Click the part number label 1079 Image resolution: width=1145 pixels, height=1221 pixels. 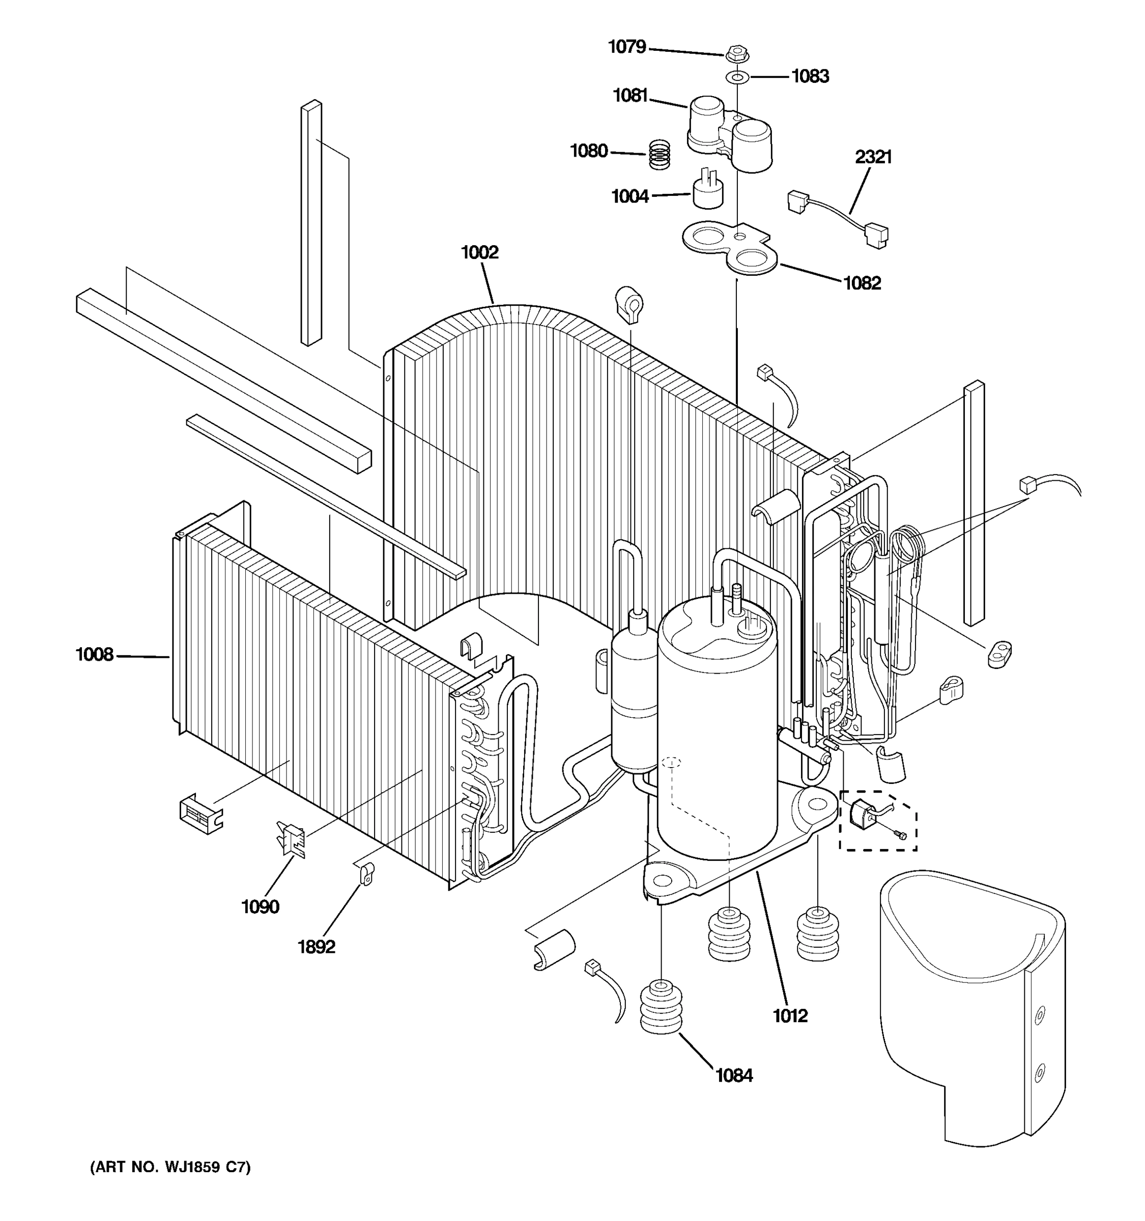click(x=626, y=47)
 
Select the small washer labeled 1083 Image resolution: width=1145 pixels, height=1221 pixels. click(x=736, y=77)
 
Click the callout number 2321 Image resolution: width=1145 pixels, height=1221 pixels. click(x=873, y=157)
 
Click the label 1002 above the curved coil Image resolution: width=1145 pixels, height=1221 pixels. click(x=480, y=252)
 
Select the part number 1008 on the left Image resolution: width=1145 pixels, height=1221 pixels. click(x=95, y=655)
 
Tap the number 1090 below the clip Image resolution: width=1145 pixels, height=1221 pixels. click(x=260, y=907)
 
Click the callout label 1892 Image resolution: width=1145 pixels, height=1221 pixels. click(x=317, y=947)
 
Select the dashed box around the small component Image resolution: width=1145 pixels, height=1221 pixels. click(x=878, y=821)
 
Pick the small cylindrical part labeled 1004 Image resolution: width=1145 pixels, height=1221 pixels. click(x=707, y=192)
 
